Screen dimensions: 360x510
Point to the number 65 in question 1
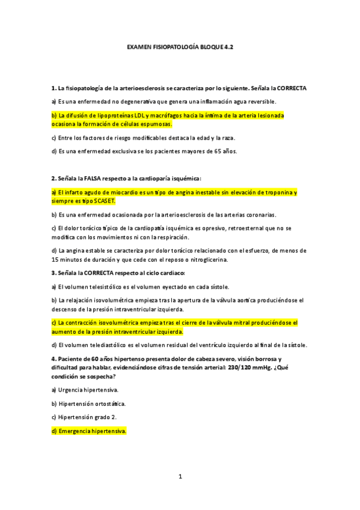click(219, 151)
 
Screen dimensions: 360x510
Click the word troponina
click(274, 192)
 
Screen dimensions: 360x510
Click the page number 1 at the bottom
click(180, 476)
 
